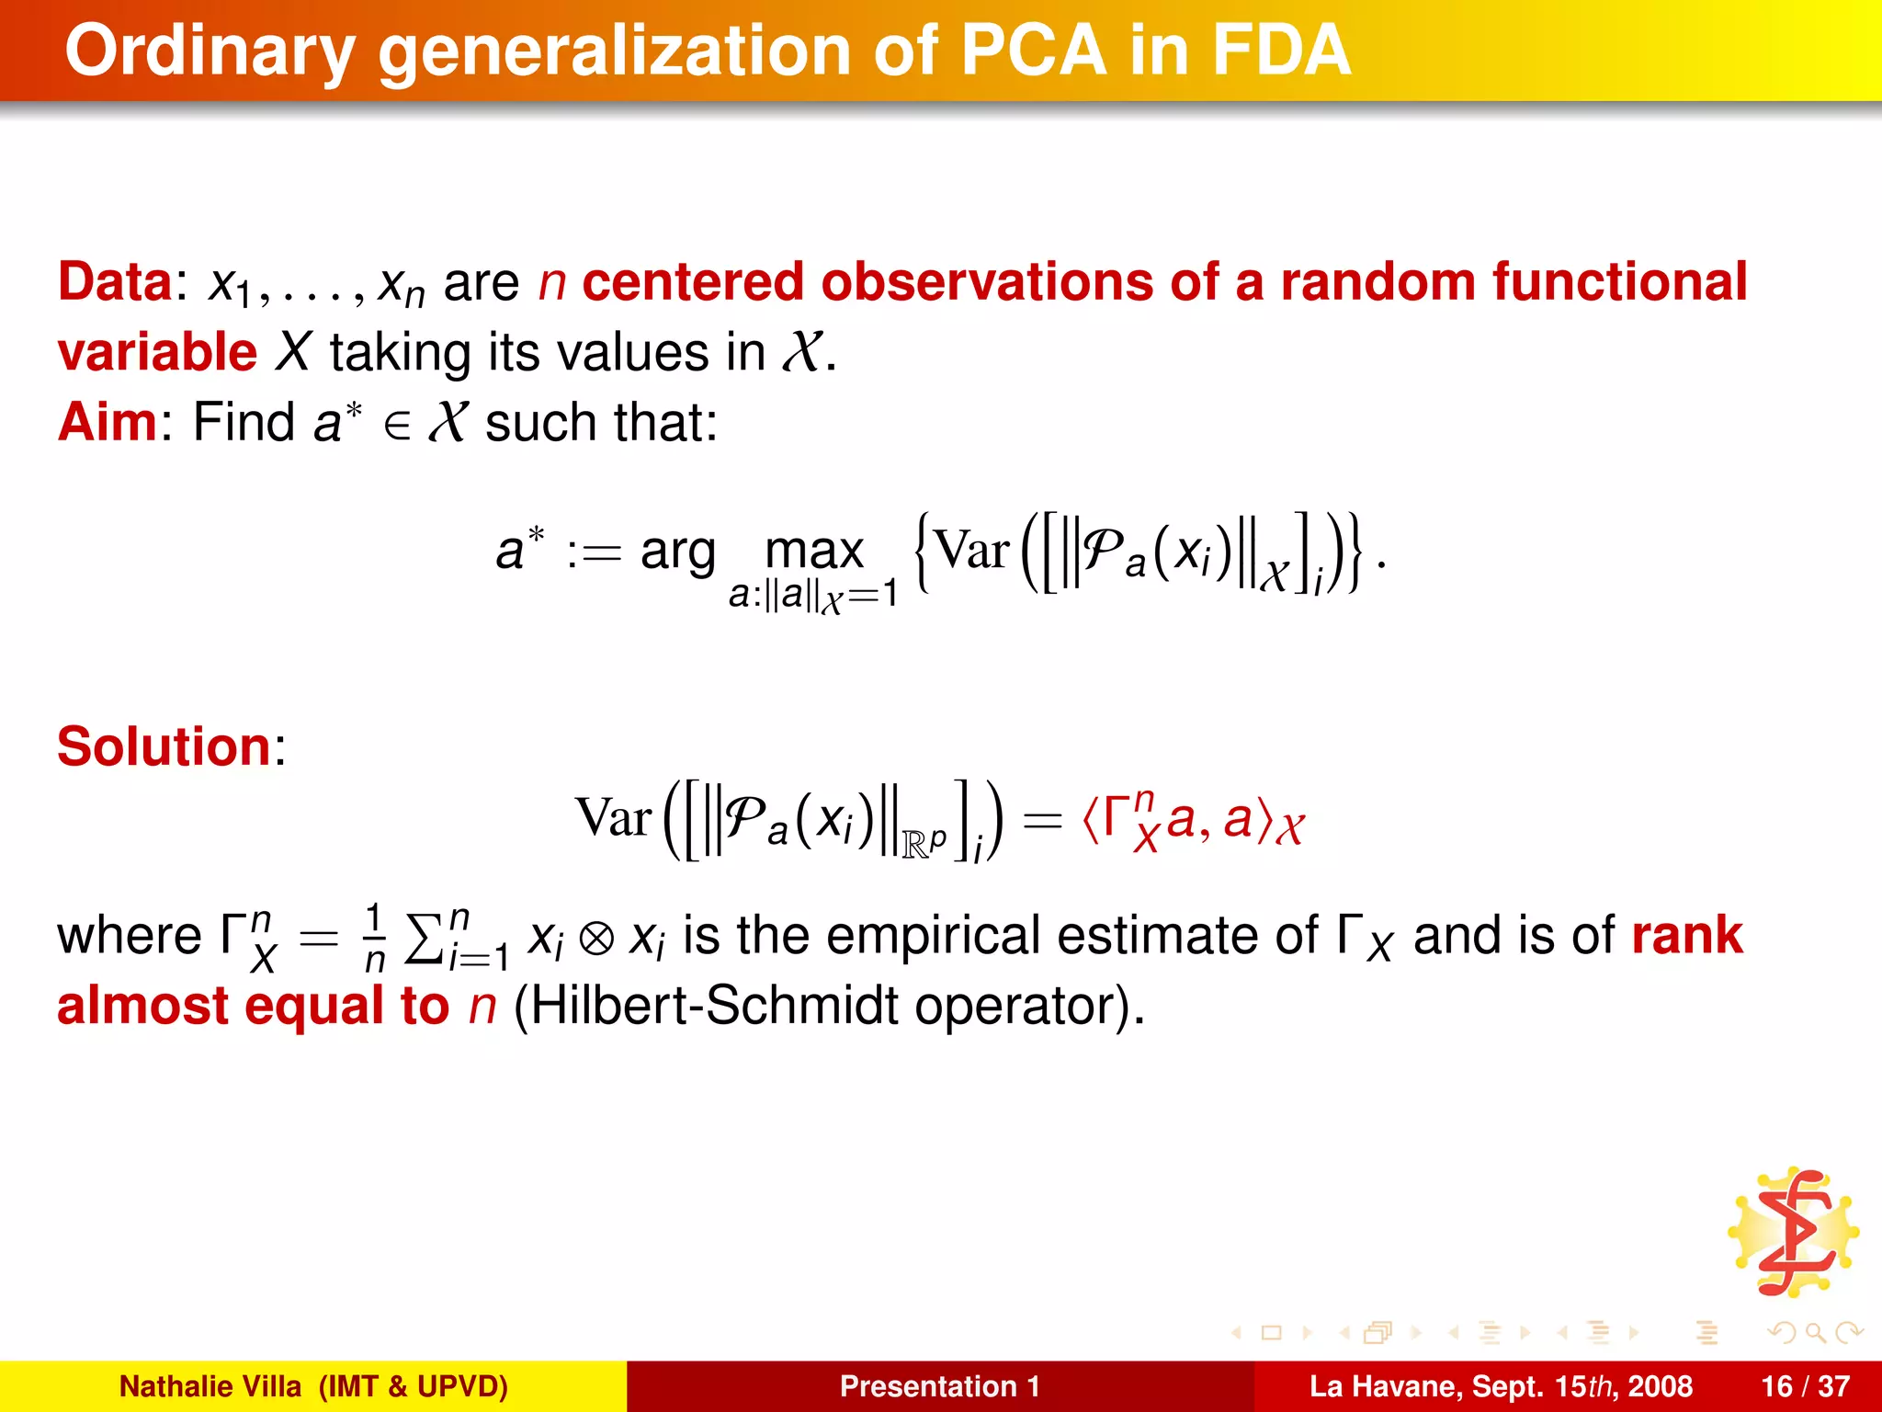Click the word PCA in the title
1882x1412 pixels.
point(1033,51)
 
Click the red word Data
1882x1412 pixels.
point(115,282)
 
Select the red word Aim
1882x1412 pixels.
point(108,423)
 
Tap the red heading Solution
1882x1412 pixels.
point(164,746)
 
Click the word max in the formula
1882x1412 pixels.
point(814,552)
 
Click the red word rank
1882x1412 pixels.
point(1687,936)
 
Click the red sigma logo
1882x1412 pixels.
point(1793,1233)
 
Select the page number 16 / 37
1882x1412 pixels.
point(1805,1386)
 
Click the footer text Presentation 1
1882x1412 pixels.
point(939,1386)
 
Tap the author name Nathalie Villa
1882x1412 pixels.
point(210,1386)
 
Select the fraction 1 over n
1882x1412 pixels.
point(374,938)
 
